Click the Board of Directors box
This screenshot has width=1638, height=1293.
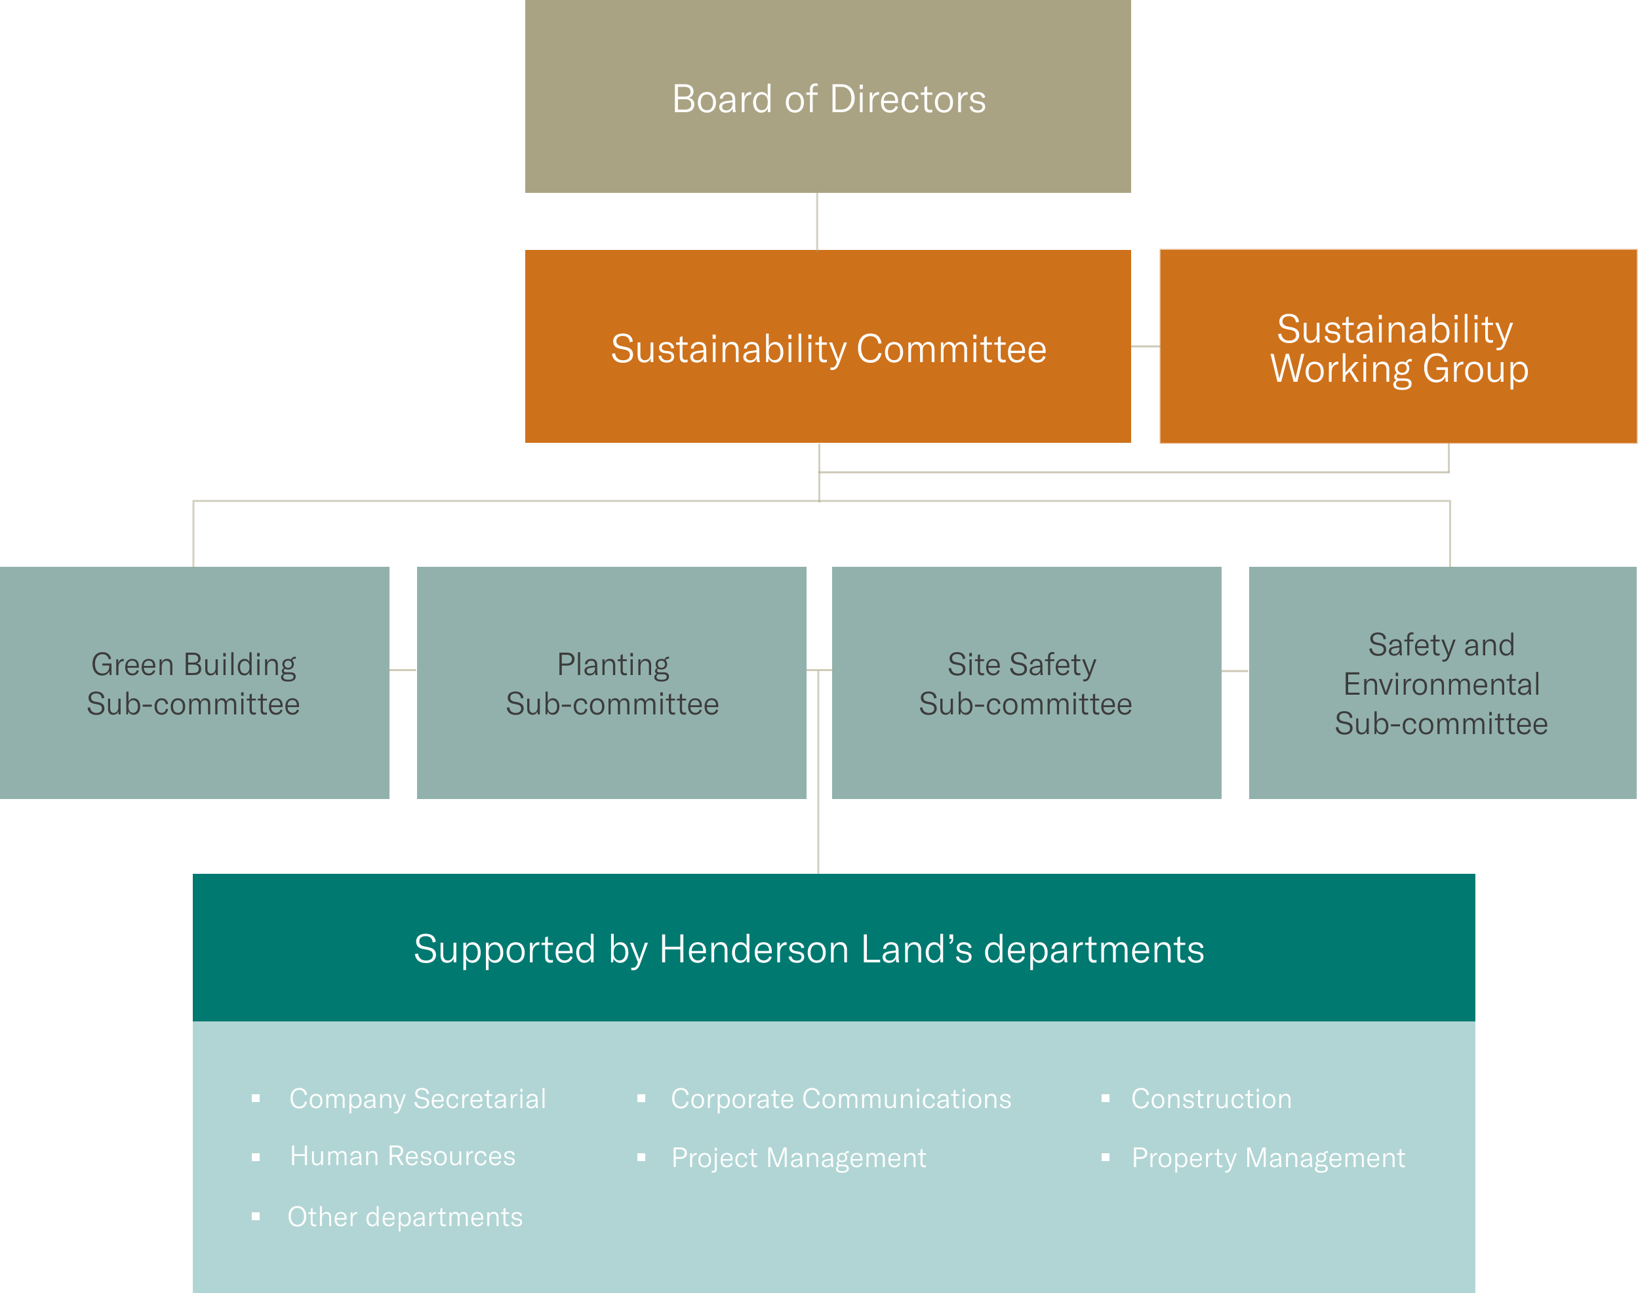(828, 97)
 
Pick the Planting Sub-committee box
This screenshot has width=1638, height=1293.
(611, 683)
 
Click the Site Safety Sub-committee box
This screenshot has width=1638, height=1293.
(1026, 683)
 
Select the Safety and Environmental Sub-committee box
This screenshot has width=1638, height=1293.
(1442, 683)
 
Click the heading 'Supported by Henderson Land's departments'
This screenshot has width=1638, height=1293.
(809, 949)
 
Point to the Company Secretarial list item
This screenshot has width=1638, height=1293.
(417, 1098)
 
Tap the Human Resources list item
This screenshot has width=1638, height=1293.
(403, 1156)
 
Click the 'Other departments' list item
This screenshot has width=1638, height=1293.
(405, 1216)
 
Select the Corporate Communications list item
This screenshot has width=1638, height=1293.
(841, 1098)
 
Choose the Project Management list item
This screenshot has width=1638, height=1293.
(798, 1157)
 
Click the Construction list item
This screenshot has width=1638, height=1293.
(1211, 1098)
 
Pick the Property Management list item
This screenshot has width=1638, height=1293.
(1268, 1157)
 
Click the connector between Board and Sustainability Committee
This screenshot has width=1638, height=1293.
(817, 221)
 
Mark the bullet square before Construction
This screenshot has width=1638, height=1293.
(1106, 1098)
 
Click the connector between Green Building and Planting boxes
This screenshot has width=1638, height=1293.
(403, 670)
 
